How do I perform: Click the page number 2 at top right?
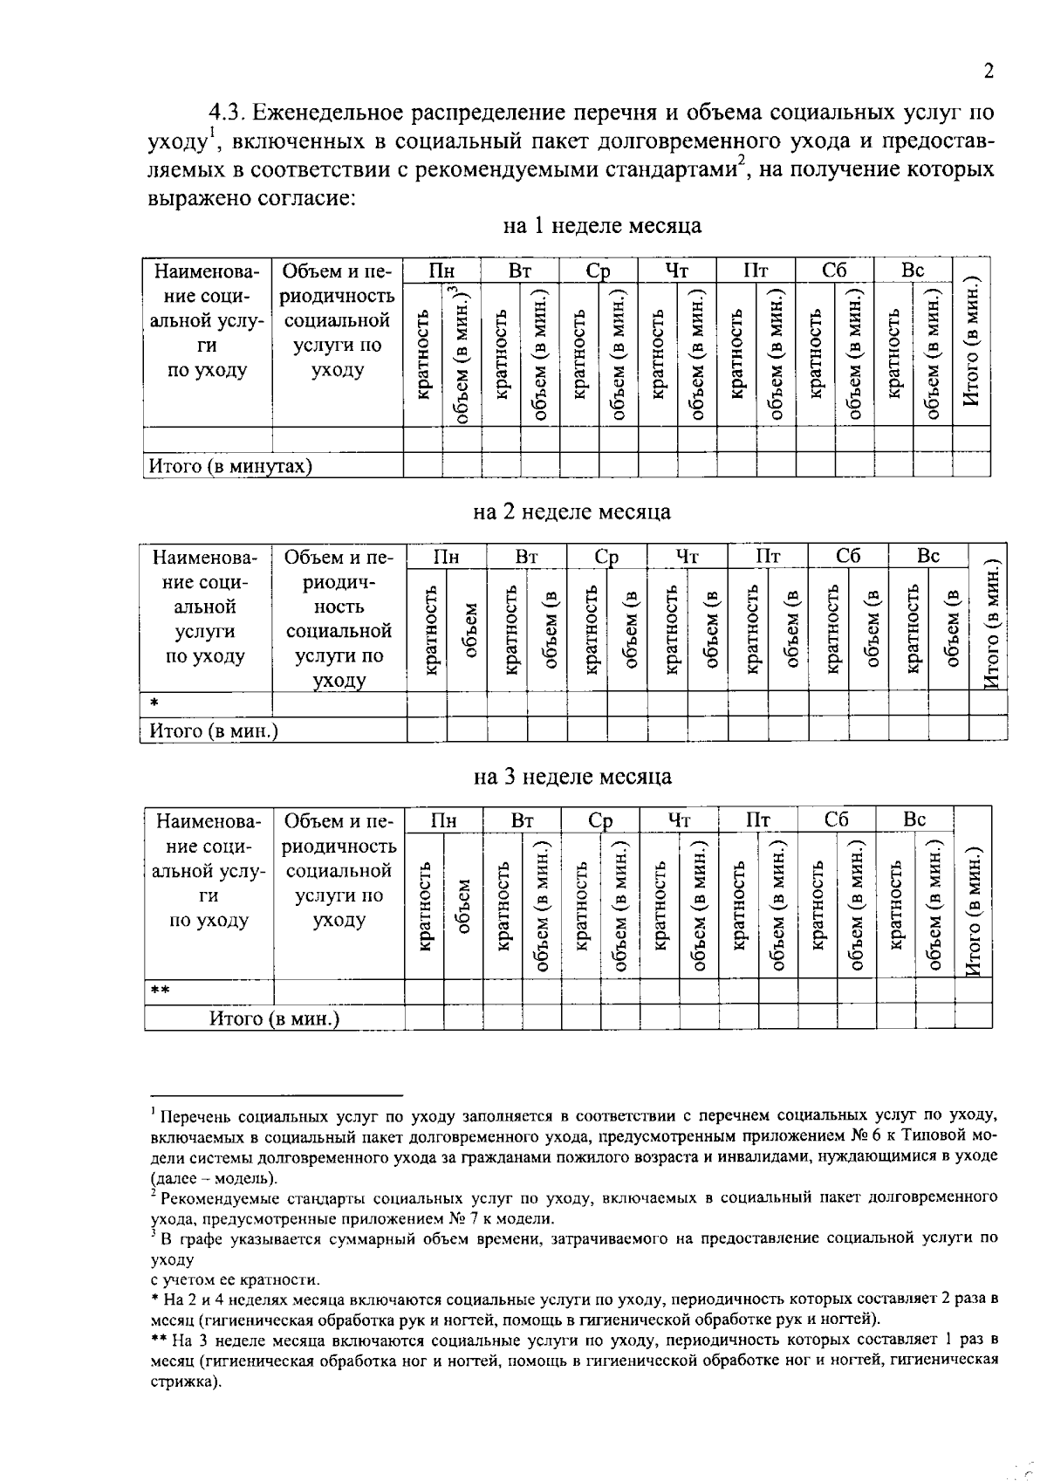coord(989,72)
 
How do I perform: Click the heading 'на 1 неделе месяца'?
coord(602,226)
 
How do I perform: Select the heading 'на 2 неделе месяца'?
coord(572,511)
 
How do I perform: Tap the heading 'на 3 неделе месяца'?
coord(573,776)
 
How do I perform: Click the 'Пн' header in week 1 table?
coord(441,271)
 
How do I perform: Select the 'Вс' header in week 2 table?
coord(928,556)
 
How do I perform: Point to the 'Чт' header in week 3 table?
coord(679,820)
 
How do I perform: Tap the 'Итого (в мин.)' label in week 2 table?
coord(214,730)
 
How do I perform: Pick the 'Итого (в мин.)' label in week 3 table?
coord(274,1018)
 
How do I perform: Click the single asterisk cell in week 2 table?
coord(154,703)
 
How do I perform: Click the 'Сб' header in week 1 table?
coord(834,271)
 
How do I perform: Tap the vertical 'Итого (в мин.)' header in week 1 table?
coord(972,342)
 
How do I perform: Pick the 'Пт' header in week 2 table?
coord(768,556)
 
